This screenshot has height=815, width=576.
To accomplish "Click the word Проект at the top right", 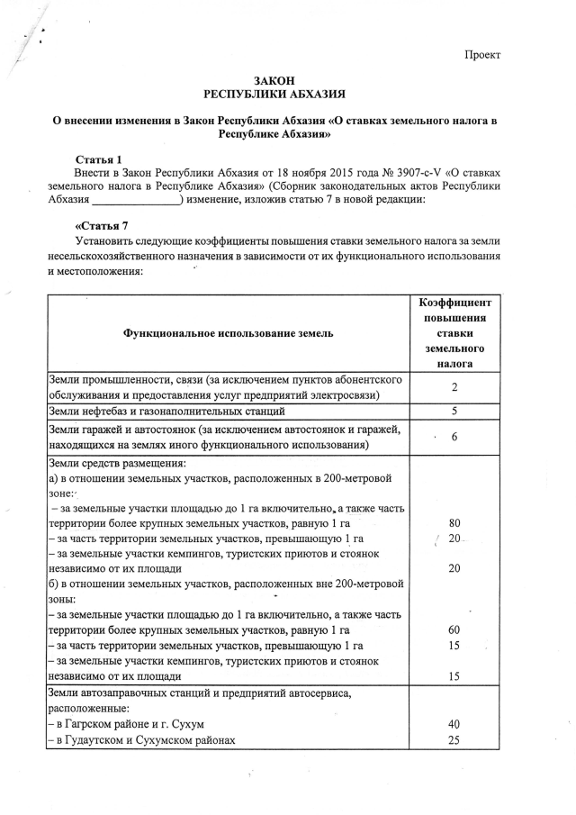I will tap(481, 55).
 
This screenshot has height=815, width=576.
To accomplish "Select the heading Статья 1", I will tap(99, 159).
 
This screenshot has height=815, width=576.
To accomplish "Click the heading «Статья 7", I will tap(102, 225).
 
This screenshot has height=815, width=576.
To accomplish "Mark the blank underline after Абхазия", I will tap(136, 201).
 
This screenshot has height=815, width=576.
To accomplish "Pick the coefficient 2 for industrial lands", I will tap(454, 387).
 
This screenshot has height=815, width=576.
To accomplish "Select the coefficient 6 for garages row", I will tap(454, 437).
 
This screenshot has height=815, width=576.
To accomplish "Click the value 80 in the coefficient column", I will tap(454, 522).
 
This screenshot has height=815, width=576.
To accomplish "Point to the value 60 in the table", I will tap(454, 629).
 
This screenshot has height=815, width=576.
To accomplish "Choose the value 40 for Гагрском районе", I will tap(454, 724).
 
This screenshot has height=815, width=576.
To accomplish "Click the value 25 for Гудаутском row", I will tap(454, 740).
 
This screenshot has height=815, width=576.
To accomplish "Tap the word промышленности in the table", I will tap(129, 380).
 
